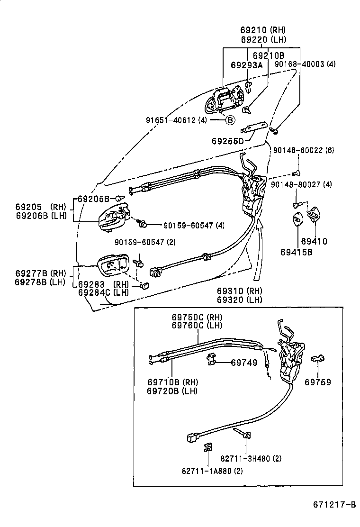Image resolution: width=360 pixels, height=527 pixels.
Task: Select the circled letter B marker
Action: [x=229, y=120]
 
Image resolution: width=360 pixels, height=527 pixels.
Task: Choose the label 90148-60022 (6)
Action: [x=304, y=150]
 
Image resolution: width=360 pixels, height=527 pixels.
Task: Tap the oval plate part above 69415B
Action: [x=297, y=219]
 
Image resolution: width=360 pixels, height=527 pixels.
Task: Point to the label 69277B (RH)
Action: [x=40, y=273]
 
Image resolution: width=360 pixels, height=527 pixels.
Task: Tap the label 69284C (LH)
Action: [x=103, y=292]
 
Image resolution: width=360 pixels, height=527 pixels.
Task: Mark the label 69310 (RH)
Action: [x=240, y=291]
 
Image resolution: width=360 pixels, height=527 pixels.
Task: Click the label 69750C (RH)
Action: [x=197, y=317]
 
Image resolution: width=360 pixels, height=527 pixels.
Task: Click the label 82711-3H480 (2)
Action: [x=251, y=458]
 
